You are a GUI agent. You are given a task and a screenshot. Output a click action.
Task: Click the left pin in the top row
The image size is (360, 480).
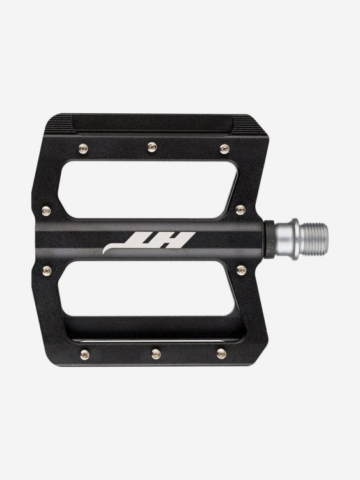(x=83, y=149)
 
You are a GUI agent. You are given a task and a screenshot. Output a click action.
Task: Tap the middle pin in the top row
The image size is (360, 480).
(x=152, y=147)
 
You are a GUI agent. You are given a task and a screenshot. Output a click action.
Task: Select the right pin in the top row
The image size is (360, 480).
(x=224, y=149)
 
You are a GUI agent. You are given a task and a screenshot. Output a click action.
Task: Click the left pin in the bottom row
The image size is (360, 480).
(x=84, y=355)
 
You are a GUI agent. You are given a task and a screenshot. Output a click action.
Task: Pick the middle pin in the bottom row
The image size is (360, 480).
(x=156, y=354)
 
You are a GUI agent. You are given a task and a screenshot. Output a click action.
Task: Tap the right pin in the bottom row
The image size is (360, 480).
(x=222, y=354)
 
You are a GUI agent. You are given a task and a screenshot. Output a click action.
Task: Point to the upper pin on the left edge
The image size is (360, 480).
(x=46, y=211)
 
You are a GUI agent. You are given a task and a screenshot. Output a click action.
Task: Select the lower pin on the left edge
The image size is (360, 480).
(x=47, y=270)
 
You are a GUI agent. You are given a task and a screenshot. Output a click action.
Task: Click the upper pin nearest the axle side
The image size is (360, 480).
(x=240, y=210)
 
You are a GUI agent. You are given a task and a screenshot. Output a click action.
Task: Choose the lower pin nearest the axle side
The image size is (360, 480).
(x=241, y=270)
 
